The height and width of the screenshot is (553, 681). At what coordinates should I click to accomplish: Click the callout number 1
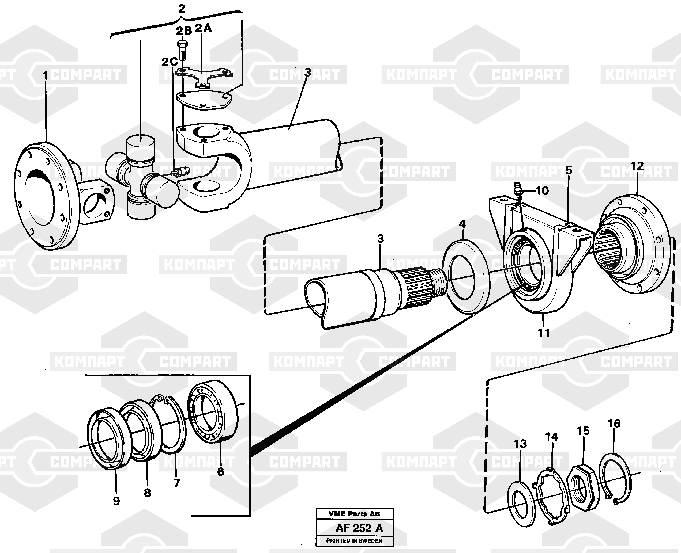pos(45,76)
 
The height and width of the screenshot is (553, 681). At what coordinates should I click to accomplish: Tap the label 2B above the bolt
pos(184,31)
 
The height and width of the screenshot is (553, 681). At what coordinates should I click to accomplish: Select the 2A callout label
pos(203,28)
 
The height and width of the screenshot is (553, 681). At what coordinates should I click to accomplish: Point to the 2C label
pos(170,62)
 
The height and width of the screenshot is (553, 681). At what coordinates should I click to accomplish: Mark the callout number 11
pos(544,333)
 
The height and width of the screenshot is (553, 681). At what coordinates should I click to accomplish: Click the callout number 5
pos(569,170)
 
